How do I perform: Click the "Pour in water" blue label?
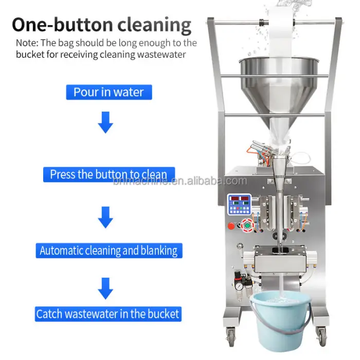(109, 92)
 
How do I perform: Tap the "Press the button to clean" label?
(109, 174)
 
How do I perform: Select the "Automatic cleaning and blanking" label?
(109, 250)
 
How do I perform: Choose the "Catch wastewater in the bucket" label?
(108, 314)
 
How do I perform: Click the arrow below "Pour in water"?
(105, 122)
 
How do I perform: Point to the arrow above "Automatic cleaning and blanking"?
(105, 217)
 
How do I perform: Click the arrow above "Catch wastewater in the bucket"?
(105, 289)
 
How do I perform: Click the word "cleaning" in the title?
(154, 26)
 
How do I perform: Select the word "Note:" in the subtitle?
(27, 43)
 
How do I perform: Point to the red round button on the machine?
(231, 226)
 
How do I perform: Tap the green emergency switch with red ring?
(247, 225)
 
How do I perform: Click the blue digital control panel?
(239, 205)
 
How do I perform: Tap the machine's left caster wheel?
(231, 336)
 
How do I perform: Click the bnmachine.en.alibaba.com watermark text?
(180, 182)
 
